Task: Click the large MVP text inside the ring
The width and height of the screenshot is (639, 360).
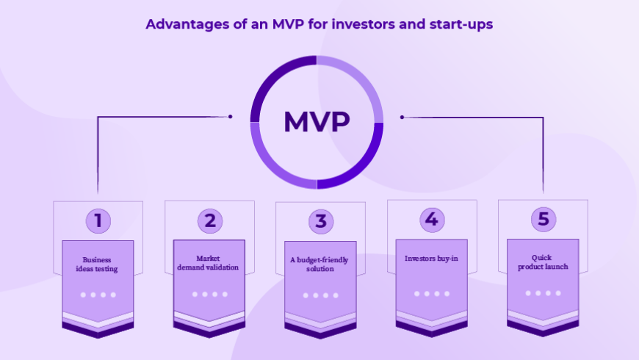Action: coord(317,121)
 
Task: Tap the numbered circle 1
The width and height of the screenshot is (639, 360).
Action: coord(98,221)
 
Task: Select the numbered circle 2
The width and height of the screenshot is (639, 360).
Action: coord(210,221)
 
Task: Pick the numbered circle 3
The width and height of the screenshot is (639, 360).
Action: coord(321,222)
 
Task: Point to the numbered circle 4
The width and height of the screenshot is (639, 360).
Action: coord(432,220)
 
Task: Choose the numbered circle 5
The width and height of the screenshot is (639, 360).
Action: coord(544,220)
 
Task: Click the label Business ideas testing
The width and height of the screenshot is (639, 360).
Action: coord(97,264)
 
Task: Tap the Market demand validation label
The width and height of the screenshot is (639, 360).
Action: coord(208,263)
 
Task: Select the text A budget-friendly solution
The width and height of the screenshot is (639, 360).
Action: coord(319,264)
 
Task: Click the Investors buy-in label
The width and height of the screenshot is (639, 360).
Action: coord(431,259)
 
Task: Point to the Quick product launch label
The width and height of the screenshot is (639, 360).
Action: coord(543,262)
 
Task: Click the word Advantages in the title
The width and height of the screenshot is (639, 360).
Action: coord(187,24)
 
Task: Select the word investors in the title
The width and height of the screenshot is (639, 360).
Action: coord(363,24)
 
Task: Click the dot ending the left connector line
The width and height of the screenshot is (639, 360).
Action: coord(230,117)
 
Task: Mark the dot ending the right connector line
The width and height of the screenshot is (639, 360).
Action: coord(402,117)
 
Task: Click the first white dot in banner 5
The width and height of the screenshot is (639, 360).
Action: coord(528,293)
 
